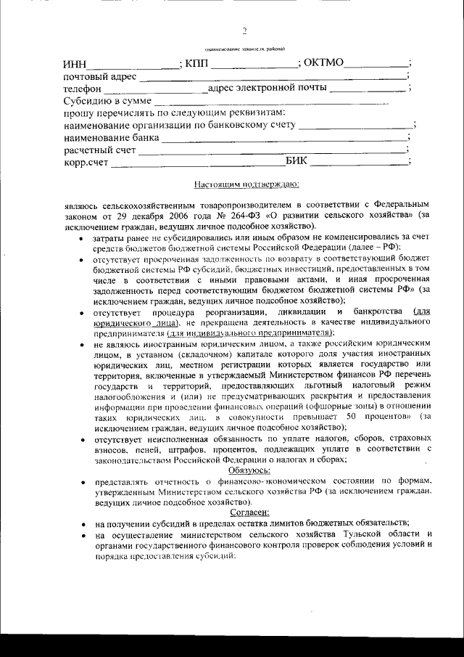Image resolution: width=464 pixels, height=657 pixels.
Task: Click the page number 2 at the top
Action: click(x=244, y=31)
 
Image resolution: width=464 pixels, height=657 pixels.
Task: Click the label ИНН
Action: click(x=77, y=63)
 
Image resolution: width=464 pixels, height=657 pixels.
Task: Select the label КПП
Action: click(x=196, y=63)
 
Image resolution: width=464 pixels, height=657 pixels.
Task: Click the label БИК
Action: click(x=297, y=161)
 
